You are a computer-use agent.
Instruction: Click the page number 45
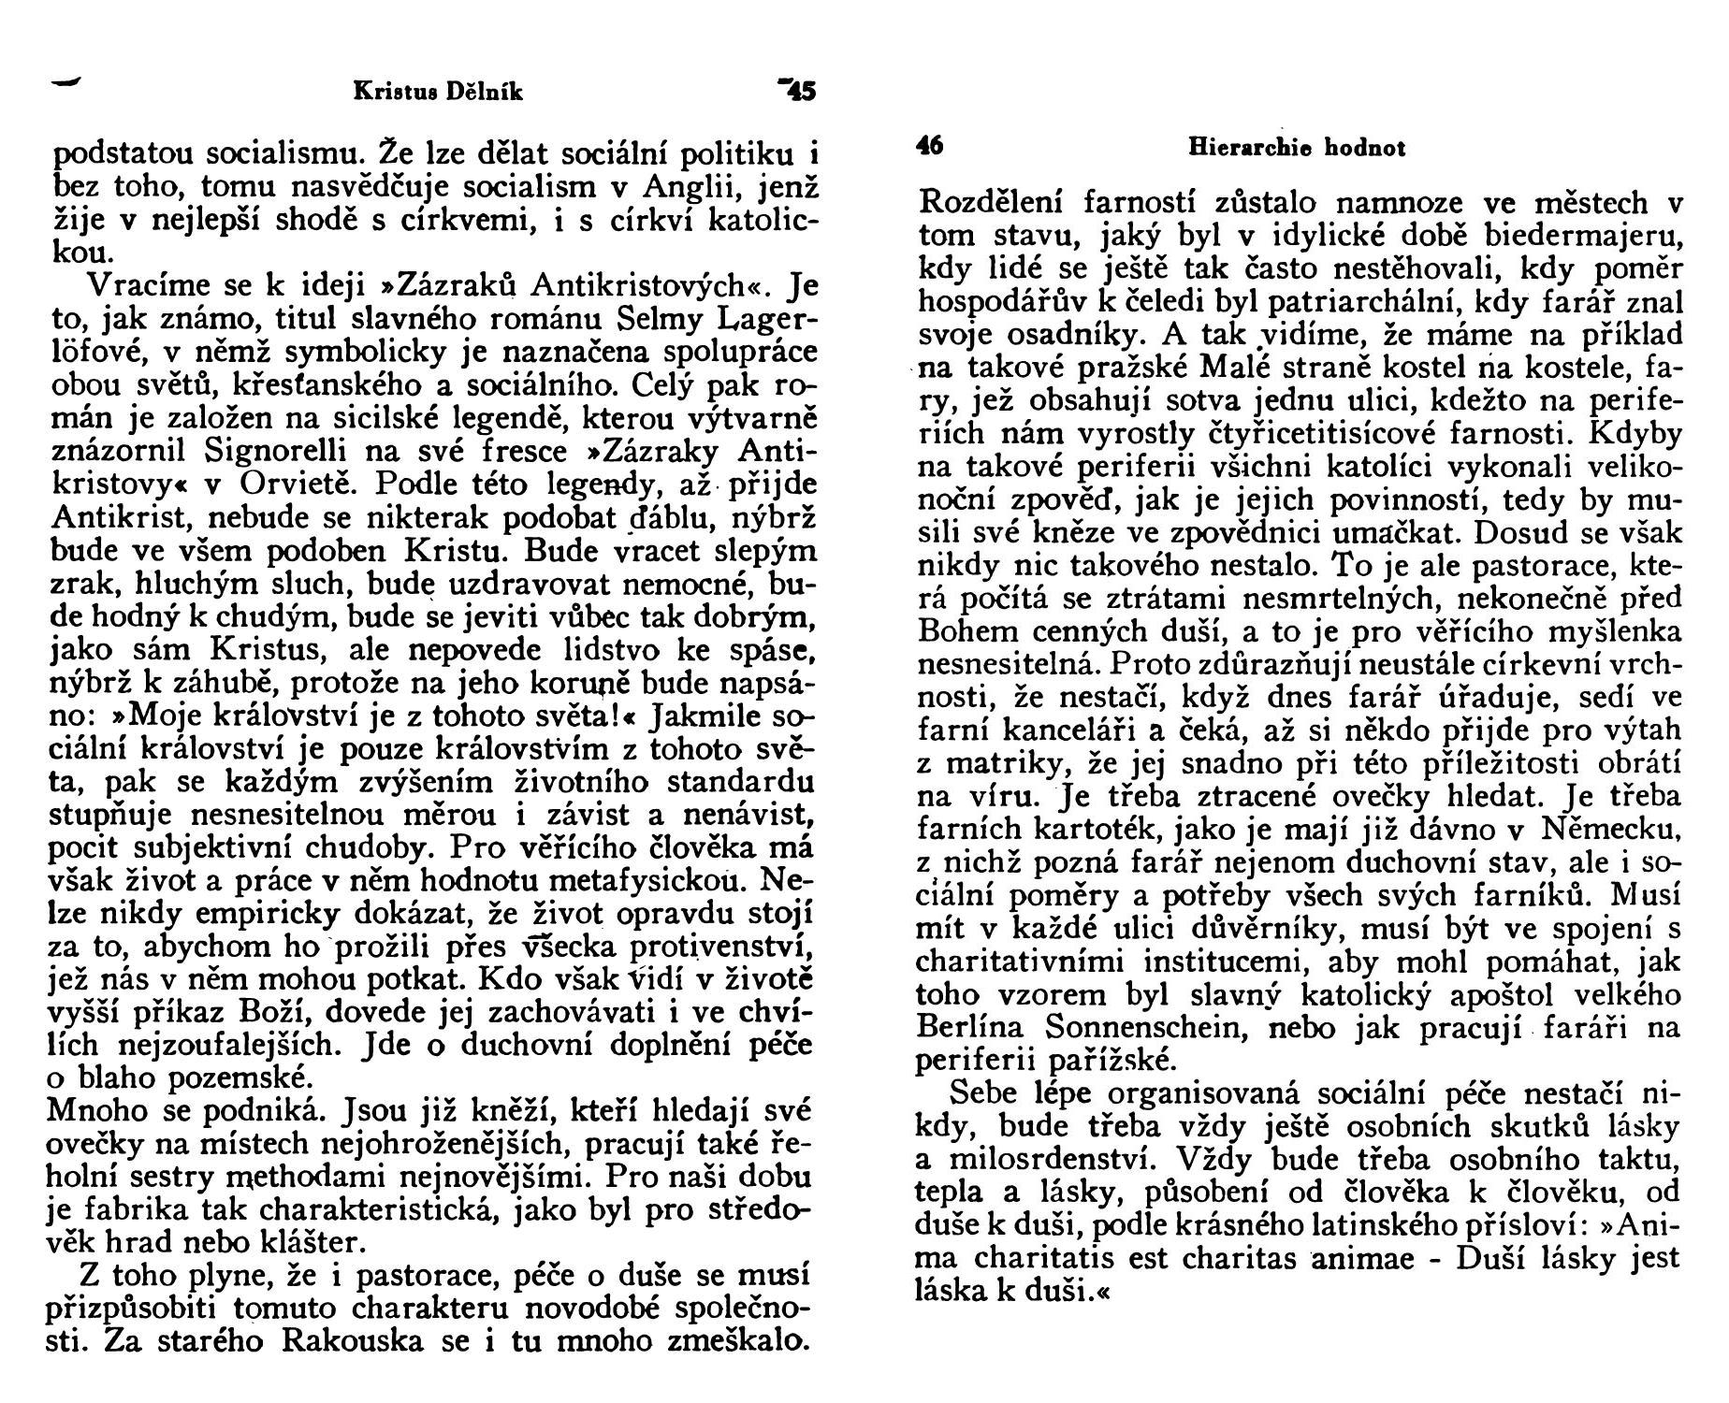[x=802, y=92]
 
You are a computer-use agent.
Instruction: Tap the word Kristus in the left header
[x=388, y=92]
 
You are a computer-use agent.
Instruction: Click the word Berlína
[x=973, y=1026]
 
